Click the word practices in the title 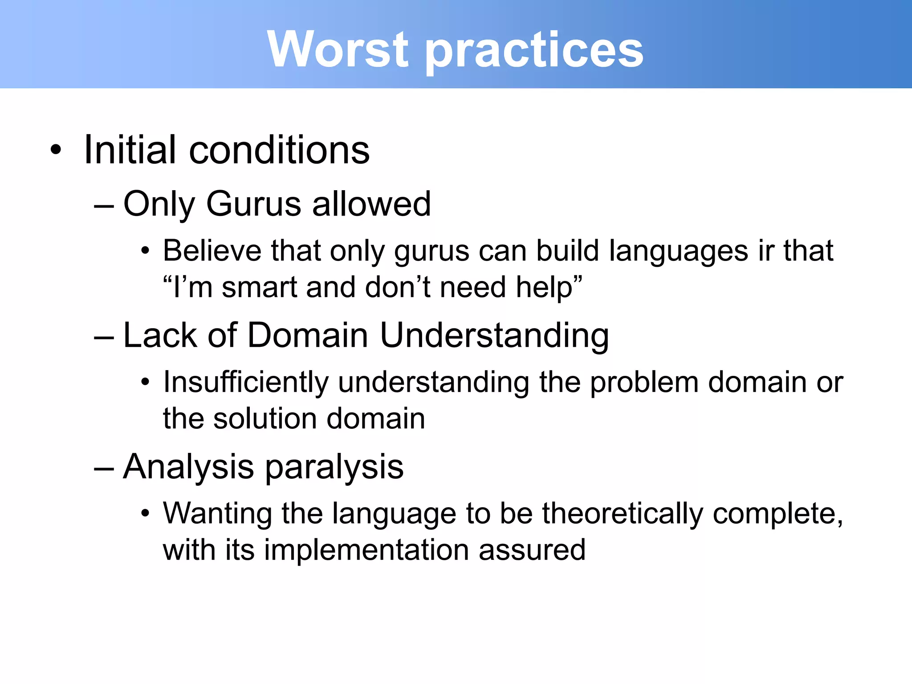(x=534, y=51)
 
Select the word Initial (x=130, y=150)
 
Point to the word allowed (x=371, y=204)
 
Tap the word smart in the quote (x=259, y=287)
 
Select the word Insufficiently (x=246, y=383)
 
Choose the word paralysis (x=334, y=468)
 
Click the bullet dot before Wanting (x=145, y=514)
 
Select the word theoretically (x=623, y=514)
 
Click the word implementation (x=366, y=550)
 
